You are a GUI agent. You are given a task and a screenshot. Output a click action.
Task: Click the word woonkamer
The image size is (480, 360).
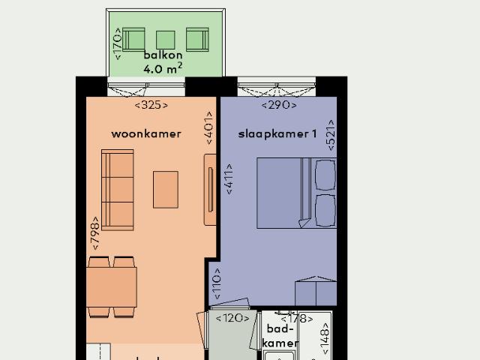tap(146, 134)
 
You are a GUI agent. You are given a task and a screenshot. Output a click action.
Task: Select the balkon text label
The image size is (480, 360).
tap(163, 55)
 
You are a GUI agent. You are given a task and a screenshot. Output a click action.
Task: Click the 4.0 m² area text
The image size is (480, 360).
tap(163, 70)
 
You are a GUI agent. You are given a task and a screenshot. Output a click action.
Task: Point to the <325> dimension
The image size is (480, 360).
tap(151, 105)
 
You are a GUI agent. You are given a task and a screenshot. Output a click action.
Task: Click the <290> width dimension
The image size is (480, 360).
tap(277, 105)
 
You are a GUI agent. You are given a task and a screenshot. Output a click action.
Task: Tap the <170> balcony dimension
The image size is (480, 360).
tap(116, 43)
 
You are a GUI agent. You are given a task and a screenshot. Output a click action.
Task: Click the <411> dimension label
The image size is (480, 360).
tap(229, 179)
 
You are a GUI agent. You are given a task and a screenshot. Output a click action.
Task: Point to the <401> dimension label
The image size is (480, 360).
tap(209, 129)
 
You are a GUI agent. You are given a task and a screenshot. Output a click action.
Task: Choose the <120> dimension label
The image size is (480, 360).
tap(232, 318)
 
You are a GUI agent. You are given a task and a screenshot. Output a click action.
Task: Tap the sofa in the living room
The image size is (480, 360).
tap(117, 189)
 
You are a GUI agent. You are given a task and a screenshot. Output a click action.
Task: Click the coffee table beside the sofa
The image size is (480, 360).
tap(166, 190)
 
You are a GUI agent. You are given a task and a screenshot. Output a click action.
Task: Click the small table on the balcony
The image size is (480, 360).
tap(165, 39)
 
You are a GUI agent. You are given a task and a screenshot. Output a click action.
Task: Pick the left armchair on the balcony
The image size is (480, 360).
tap(134, 39)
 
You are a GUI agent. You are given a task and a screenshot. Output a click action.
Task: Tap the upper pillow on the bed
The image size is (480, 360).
tap(325, 175)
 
